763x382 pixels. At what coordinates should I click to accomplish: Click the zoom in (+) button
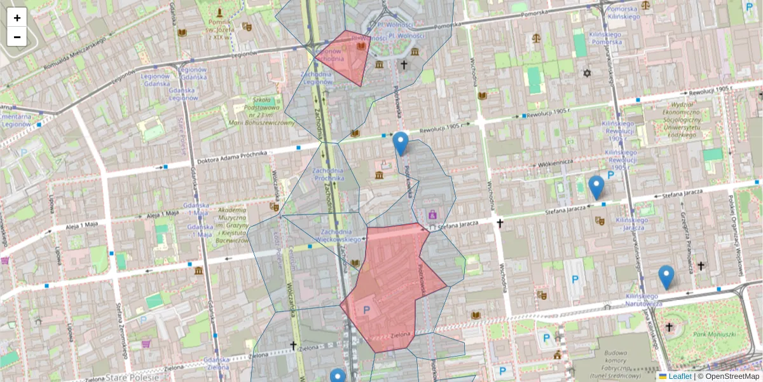(17, 18)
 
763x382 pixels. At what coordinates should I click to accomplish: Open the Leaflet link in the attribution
(680, 376)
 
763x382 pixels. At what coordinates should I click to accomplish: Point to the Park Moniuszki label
(714, 334)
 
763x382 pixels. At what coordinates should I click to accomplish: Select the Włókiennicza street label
(555, 163)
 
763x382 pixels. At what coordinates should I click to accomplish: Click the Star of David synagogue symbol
(588, 74)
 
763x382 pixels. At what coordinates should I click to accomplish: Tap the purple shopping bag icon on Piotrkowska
(432, 214)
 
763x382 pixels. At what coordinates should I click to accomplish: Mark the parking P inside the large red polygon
(366, 309)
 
